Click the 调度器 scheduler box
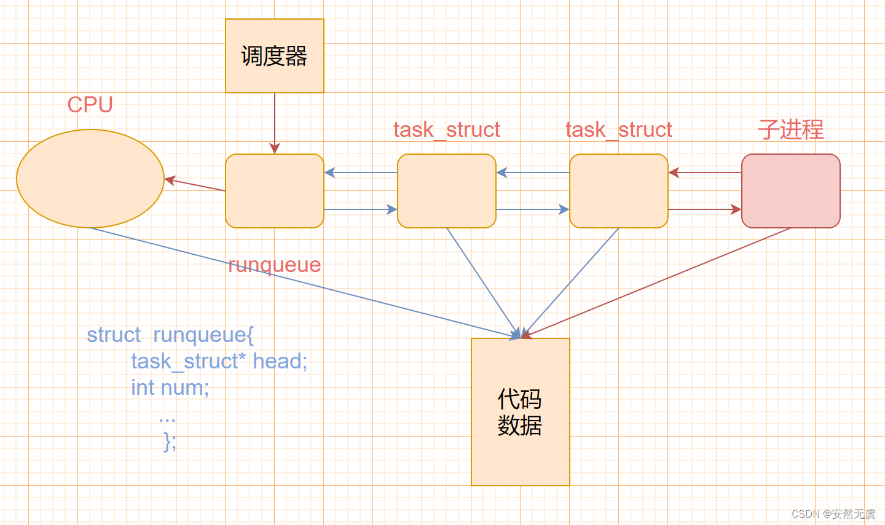coord(274,56)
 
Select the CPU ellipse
coord(90,179)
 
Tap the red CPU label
coord(90,105)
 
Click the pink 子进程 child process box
coord(790,191)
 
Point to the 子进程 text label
coord(790,130)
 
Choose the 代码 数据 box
coord(520,412)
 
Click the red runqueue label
coord(274,265)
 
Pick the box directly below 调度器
coord(274,191)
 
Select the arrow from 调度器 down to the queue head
coord(275,123)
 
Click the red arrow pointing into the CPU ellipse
coord(195,185)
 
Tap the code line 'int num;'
coord(170,388)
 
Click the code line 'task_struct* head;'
coord(219,361)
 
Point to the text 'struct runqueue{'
coord(170,335)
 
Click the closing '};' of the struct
coord(170,441)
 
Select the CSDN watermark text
coord(833,514)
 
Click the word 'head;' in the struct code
coord(280,361)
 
